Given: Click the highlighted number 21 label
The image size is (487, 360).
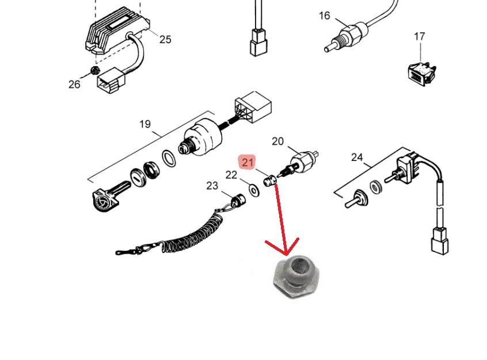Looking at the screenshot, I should pos(248,163).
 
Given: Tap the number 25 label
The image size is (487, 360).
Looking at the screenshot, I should pos(165,40).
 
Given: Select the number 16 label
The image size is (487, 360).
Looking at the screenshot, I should pos(325,16).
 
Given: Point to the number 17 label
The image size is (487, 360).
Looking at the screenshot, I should pos(419,37).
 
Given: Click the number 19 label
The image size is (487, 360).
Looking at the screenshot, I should pos(145,124).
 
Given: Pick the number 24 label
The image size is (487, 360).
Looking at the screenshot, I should pos(357,157).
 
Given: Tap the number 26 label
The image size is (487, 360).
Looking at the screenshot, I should pos(74,85).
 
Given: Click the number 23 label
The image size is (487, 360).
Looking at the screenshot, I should pos(212,186).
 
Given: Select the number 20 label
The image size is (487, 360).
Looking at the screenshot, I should pos(277,141).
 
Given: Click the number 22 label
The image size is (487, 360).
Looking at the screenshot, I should pos(231,175).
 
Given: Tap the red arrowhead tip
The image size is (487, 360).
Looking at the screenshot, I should pos(286,254).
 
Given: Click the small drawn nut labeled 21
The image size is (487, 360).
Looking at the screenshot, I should pos(271,181).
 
